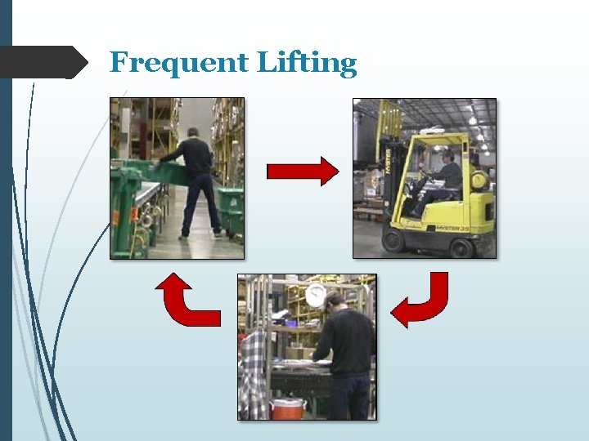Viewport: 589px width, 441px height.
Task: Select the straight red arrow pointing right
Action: [x=302, y=171]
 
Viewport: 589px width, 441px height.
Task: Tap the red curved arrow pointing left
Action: [x=420, y=301]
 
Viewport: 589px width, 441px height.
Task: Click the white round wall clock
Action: [x=315, y=295]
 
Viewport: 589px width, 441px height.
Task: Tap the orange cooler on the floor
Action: [x=288, y=408]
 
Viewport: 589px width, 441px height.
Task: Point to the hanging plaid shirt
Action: [x=254, y=375]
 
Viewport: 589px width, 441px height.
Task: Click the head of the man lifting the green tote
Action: [x=193, y=133]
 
